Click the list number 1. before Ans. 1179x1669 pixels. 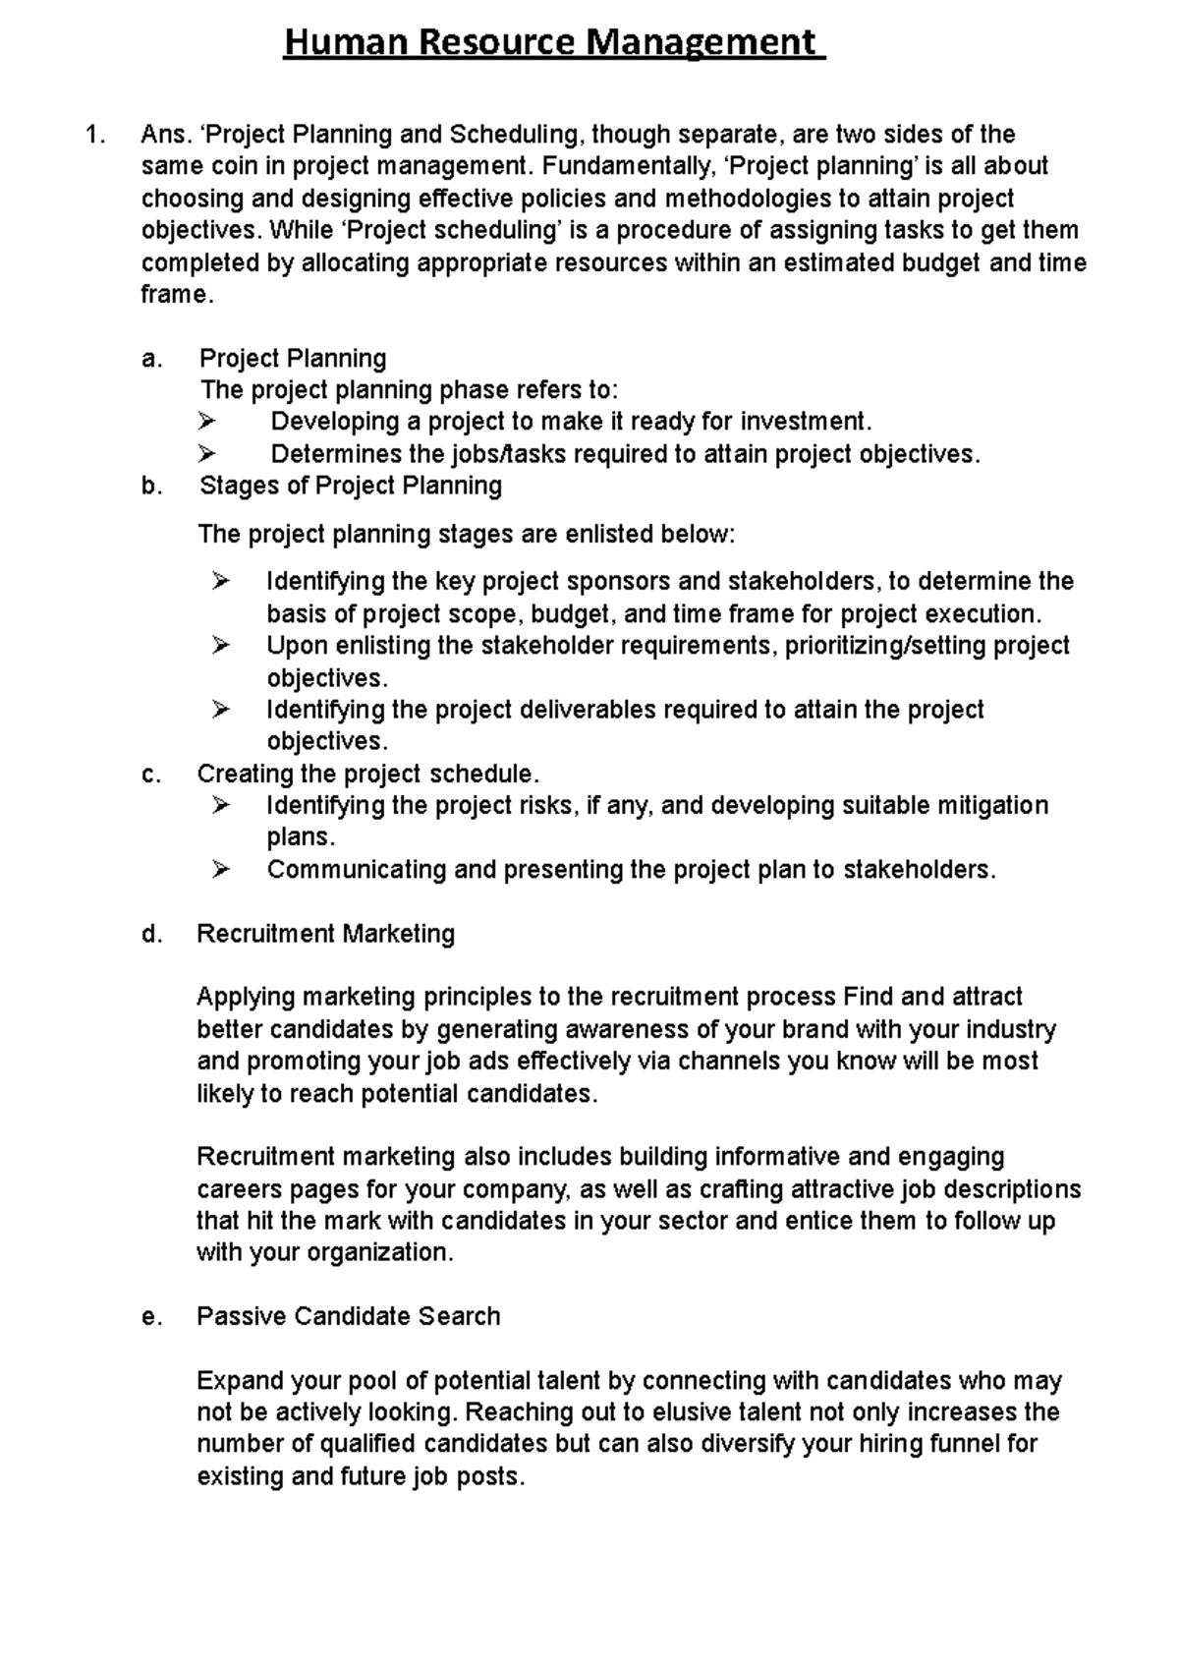click(94, 135)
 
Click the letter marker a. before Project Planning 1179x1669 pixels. click(150, 359)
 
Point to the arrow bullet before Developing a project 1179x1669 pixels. click(205, 423)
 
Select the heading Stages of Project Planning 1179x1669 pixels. click(351, 486)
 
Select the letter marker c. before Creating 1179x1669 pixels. click(150, 775)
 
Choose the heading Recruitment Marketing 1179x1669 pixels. click(325, 934)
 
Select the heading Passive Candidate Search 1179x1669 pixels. click(348, 1317)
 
